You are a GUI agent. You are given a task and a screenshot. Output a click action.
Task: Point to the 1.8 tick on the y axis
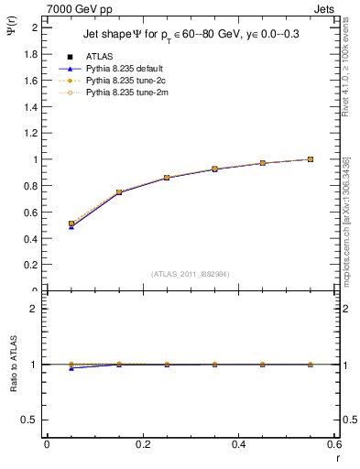(x=32, y=54)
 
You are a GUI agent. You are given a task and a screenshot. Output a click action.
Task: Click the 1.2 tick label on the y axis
(x=32, y=133)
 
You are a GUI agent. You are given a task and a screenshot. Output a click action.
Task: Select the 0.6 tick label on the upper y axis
(x=32, y=213)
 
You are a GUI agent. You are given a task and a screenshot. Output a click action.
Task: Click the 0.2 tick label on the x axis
(x=142, y=444)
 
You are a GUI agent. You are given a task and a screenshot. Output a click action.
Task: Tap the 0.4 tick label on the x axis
(x=238, y=444)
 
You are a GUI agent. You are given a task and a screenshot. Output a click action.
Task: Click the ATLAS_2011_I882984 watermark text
(x=191, y=274)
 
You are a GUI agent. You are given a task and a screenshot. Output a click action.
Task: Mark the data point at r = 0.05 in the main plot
(x=71, y=224)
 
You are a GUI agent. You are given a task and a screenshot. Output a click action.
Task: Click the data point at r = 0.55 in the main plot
(x=311, y=159)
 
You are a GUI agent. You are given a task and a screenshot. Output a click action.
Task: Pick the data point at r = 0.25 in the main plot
(x=167, y=178)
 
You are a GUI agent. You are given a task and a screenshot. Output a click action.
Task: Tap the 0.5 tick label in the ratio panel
(x=32, y=420)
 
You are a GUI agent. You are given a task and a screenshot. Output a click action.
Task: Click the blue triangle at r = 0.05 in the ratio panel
(x=71, y=368)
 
